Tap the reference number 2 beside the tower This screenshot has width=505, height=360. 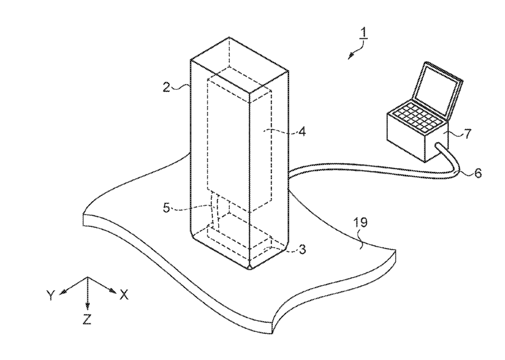(x=166, y=87)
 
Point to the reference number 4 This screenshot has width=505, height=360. (x=302, y=132)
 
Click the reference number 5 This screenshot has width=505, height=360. (x=166, y=208)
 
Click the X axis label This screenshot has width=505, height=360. (x=123, y=295)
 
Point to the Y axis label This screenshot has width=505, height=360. (x=51, y=295)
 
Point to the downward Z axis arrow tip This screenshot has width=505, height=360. (x=87, y=307)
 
